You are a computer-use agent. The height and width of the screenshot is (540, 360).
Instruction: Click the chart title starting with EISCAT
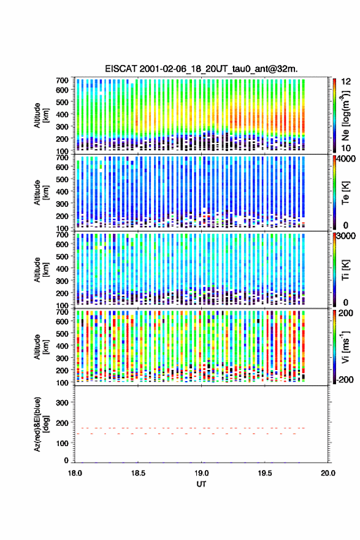[x=201, y=69]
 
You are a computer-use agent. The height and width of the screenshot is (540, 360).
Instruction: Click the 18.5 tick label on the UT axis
[x=138, y=473]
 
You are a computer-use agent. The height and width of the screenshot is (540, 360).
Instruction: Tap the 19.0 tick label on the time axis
[x=201, y=473]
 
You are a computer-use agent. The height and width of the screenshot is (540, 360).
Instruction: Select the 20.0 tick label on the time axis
[x=328, y=473]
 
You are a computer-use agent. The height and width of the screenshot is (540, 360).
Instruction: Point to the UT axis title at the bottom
[x=201, y=484]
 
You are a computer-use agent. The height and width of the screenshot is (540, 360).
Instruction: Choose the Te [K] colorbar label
[x=345, y=193]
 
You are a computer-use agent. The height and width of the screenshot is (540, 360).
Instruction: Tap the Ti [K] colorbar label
[x=345, y=269]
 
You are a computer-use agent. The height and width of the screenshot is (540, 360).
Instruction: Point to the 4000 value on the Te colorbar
[x=347, y=159]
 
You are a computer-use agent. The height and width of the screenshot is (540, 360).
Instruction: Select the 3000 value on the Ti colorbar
[x=347, y=236]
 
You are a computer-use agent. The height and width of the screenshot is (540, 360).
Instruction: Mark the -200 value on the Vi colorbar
[x=345, y=379]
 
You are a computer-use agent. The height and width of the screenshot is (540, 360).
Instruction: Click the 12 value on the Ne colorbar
[x=346, y=82]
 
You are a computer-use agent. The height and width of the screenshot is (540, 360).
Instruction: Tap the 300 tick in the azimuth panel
[x=62, y=403]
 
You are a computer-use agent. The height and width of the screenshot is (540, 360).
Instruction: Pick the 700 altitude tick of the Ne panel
[x=62, y=80]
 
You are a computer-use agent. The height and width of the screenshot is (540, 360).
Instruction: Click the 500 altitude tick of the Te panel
[x=62, y=179]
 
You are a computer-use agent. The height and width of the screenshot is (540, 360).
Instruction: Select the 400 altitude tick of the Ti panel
[x=62, y=269]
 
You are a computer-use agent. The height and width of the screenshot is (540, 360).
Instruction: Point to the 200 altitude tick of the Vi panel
[x=62, y=370]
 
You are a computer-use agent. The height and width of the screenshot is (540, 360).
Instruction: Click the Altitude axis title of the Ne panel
[x=42, y=115]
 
